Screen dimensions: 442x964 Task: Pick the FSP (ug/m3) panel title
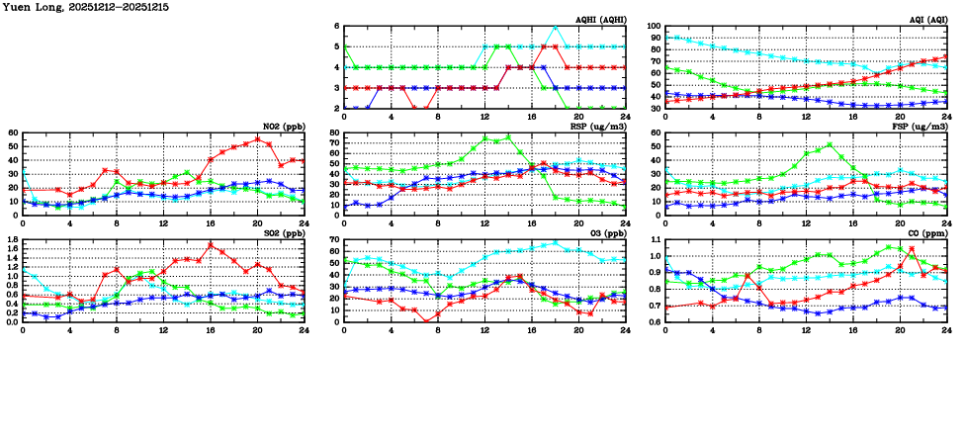pyautogui.click(x=920, y=127)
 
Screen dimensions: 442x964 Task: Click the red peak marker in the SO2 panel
pyautogui.click(x=211, y=245)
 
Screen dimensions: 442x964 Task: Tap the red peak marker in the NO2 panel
pyautogui.click(x=257, y=139)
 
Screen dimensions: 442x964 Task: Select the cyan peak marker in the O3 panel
pyautogui.click(x=556, y=242)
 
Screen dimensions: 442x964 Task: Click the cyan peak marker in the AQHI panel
pyautogui.click(x=556, y=27)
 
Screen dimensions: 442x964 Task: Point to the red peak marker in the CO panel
pyautogui.click(x=911, y=248)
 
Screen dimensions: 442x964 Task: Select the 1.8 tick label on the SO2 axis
pyautogui.click(x=12, y=239)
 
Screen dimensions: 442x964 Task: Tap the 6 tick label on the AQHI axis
pyautogui.click(x=336, y=27)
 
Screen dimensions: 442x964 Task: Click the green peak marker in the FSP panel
pyautogui.click(x=829, y=144)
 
